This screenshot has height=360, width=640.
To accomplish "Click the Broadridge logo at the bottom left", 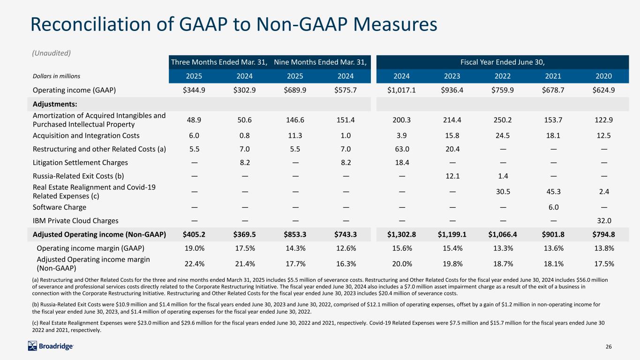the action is pyautogui.click(x=51, y=346).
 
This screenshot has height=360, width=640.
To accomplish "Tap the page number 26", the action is pyautogui.click(x=609, y=346).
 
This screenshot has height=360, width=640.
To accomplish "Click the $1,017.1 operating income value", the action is pyautogui.click(x=401, y=90).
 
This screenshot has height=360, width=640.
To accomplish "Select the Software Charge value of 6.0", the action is pyautogui.click(x=553, y=207).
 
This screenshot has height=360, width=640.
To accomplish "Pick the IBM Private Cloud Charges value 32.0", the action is pyautogui.click(x=604, y=221).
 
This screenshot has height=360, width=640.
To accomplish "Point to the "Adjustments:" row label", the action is pyautogui.click(x=55, y=104).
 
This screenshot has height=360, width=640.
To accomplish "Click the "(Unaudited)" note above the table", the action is pyautogui.click(x=52, y=53).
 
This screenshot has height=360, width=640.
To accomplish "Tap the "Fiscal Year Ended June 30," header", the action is pyautogui.click(x=503, y=62).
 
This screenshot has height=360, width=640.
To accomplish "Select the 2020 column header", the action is pyautogui.click(x=603, y=76).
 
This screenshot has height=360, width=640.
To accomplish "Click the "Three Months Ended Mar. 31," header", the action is pyautogui.click(x=219, y=62).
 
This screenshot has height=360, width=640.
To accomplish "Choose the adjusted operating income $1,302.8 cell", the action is pyautogui.click(x=401, y=234).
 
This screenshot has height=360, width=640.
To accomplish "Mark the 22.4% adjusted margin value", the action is pyautogui.click(x=194, y=264).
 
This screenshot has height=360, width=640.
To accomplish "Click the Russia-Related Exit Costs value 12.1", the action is pyautogui.click(x=452, y=176).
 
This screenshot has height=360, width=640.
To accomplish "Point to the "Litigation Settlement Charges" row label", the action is pyautogui.click(x=80, y=163).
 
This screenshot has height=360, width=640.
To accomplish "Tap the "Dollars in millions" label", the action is pyautogui.click(x=56, y=76).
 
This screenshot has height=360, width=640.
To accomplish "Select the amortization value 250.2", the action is pyautogui.click(x=503, y=120).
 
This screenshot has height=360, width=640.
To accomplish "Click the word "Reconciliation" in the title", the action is pyautogui.click(x=91, y=24).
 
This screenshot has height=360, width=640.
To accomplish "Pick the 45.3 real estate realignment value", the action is pyautogui.click(x=553, y=191).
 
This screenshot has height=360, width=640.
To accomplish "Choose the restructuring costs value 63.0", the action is pyautogui.click(x=402, y=149).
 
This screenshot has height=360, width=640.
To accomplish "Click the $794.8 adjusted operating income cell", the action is pyautogui.click(x=603, y=234).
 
